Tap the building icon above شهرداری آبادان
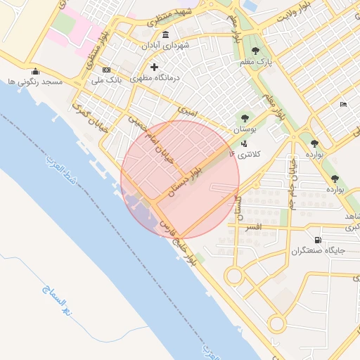click(165, 35)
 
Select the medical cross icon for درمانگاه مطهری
click(155, 67)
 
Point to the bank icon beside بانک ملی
click(106, 70)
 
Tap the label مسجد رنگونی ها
click(36, 82)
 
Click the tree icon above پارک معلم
click(255, 51)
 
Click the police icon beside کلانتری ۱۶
click(243, 143)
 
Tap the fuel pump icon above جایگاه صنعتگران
click(318, 240)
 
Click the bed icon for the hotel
click(343, 105)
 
